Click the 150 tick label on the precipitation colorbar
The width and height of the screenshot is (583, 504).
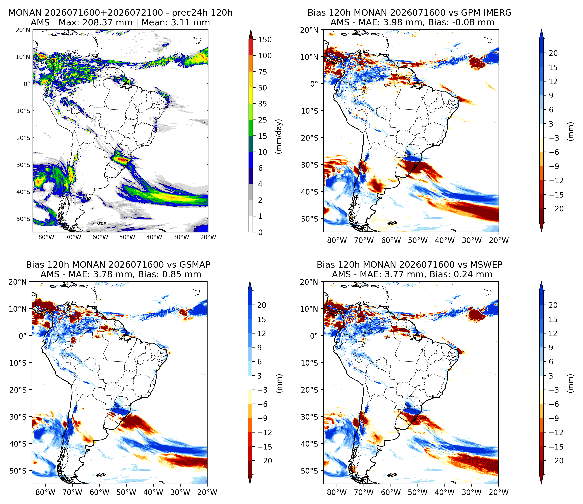tap(265, 40)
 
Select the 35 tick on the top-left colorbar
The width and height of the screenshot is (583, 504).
tap(263, 104)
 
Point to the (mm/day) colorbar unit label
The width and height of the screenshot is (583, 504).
tap(279, 137)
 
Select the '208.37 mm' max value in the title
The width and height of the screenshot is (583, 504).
tap(107, 23)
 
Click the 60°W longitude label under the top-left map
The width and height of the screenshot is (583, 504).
tap(100, 237)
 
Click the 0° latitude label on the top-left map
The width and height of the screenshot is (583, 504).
tap(26, 84)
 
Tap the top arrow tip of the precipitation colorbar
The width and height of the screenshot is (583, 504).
tap(251, 30)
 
